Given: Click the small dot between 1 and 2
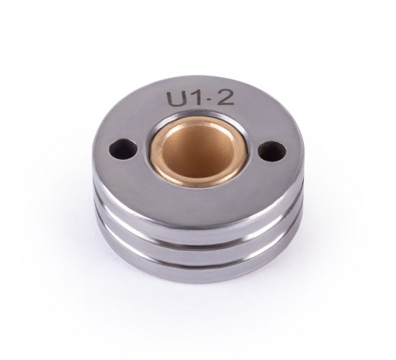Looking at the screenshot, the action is [x=207, y=99].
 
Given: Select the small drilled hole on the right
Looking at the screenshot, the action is [x=272, y=152].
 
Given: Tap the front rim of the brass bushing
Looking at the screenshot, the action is [x=197, y=181].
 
